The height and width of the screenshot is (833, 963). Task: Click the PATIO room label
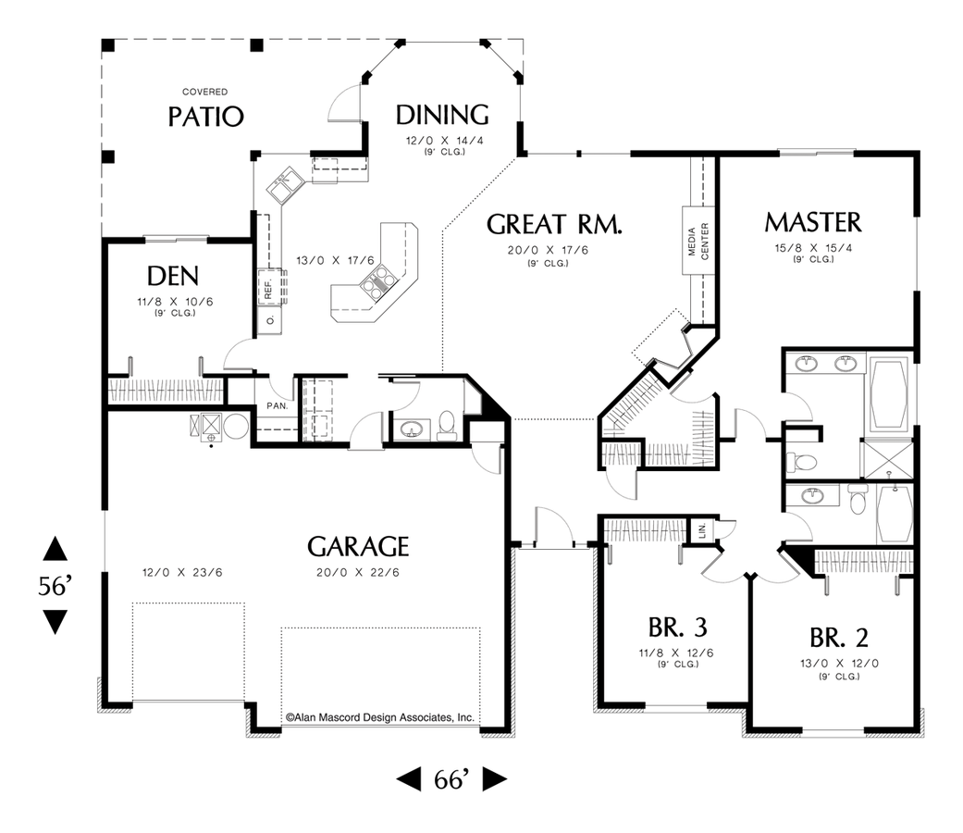(205, 117)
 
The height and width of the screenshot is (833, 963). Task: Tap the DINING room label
(442, 115)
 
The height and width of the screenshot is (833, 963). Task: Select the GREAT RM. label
(554, 225)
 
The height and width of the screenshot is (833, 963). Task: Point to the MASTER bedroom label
(813, 222)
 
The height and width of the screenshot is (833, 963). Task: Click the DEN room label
(174, 277)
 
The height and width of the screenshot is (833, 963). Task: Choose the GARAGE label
(358, 546)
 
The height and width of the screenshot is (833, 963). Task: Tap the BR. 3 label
(677, 628)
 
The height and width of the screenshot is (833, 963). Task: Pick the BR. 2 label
(838, 638)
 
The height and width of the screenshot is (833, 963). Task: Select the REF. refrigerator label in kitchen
(268, 289)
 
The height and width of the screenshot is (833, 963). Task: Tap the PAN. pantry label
(278, 405)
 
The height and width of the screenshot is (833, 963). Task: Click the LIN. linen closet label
(702, 531)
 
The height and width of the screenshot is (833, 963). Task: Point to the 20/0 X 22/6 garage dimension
(357, 572)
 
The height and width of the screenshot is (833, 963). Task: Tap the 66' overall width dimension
(451, 779)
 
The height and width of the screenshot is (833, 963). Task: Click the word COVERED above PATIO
(204, 92)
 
